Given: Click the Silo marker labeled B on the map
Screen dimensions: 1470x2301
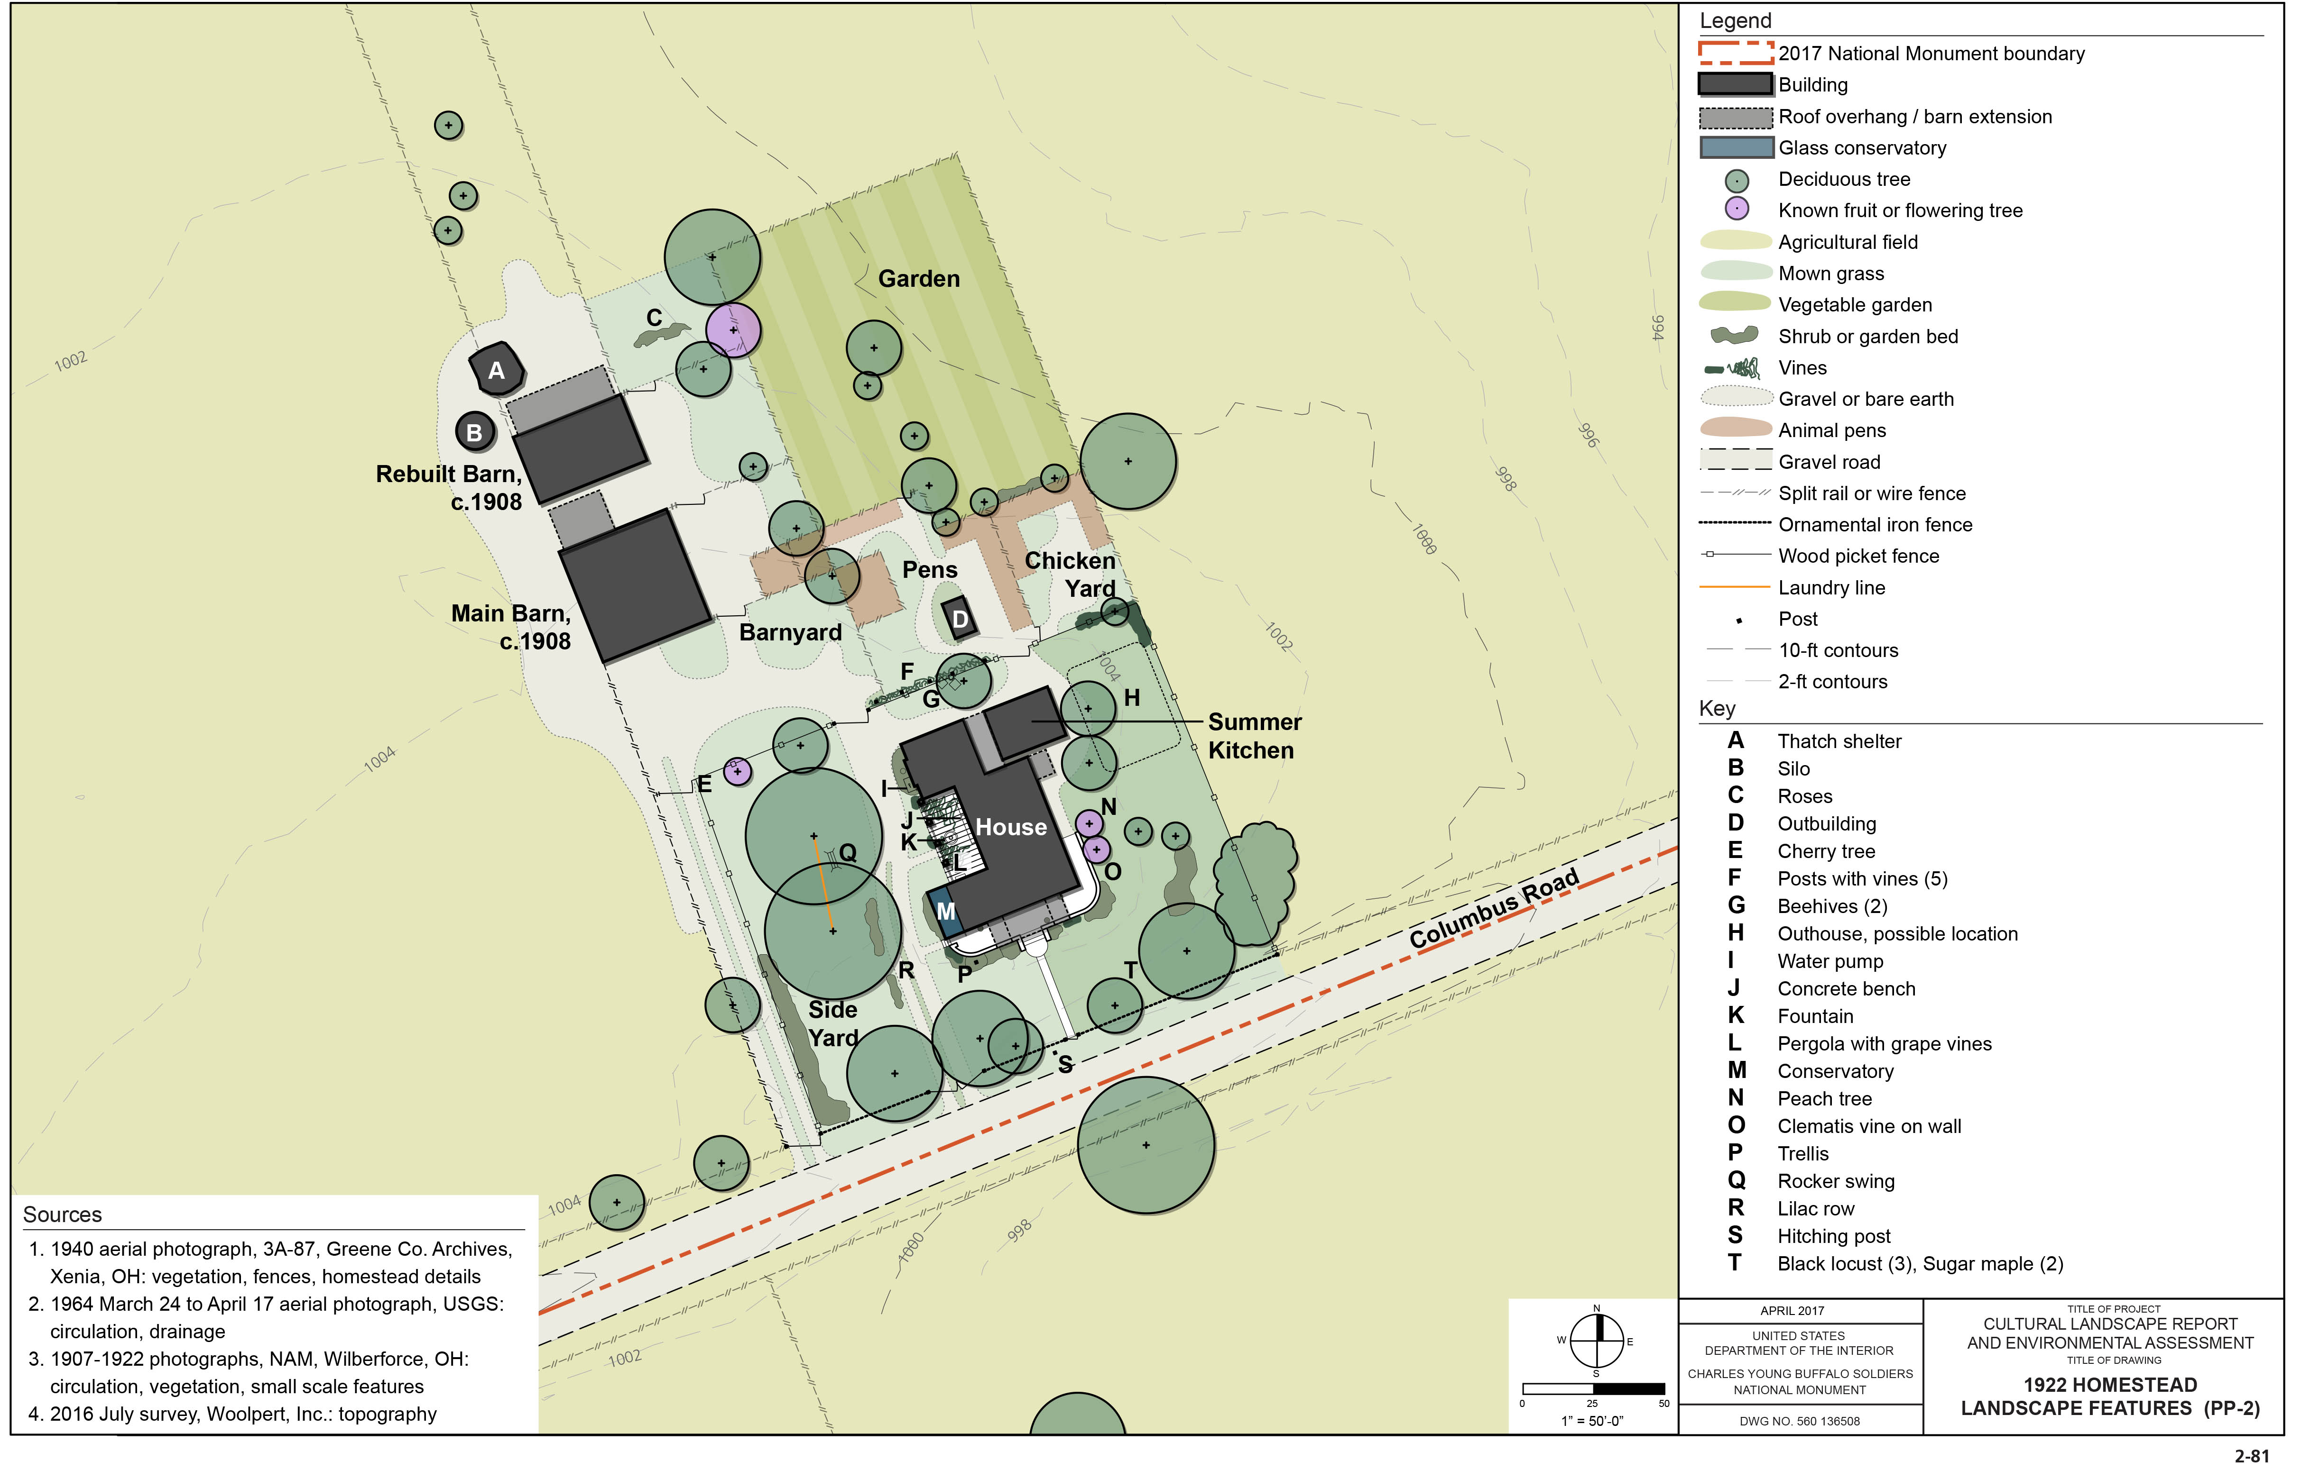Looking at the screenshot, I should (x=474, y=432).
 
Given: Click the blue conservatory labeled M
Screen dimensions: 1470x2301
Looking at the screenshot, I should (x=944, y=910).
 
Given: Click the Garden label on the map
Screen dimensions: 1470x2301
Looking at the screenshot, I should (x=918, y=279).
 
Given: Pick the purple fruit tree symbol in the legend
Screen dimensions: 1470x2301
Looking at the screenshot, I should (x=1736, y=209).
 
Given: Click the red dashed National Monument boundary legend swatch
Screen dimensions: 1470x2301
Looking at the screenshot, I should (x=1735, y=53).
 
